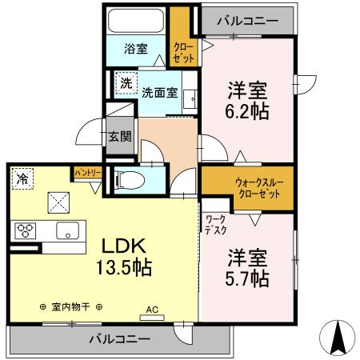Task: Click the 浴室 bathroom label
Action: tap(137, 48)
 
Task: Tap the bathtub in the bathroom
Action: tap(137, 21)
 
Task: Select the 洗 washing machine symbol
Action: tap(126, 83)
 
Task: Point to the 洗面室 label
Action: tap(160, 91)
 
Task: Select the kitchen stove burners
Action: tap(26, 231)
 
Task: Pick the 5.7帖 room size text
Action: tap(246, 278)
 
